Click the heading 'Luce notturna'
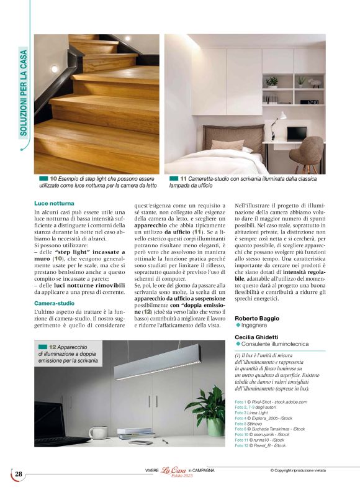click(54, 203)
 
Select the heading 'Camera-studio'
click(54, 285)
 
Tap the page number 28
click(19, 475)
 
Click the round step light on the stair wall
click(54, 69)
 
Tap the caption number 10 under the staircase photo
click(53, 178)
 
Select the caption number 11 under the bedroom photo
click(183, 178)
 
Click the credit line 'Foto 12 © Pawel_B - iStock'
click(261, 445)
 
